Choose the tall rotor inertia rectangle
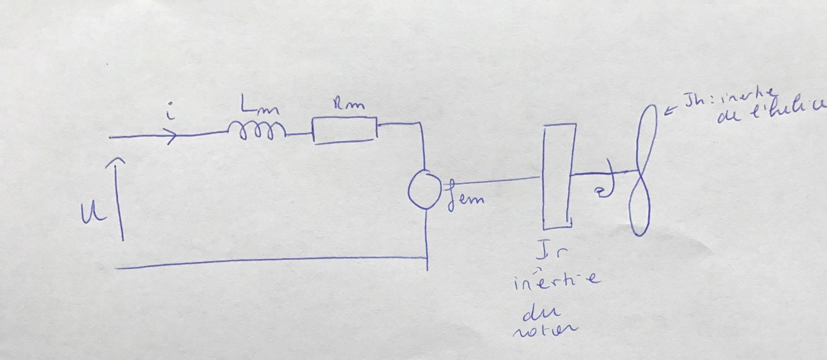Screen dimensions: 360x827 coord(558,177)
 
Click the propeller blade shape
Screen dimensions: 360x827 coord(643,170)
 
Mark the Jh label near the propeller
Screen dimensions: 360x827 coord(696,102)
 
